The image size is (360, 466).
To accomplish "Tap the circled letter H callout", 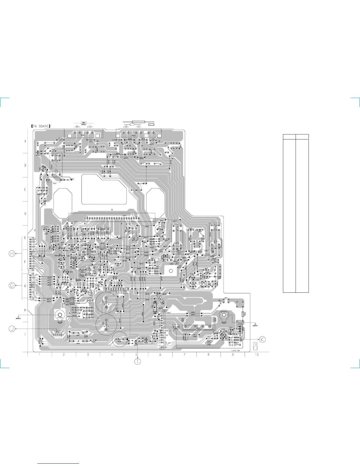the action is point(12,254).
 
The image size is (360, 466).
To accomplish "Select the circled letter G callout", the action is point(12,285).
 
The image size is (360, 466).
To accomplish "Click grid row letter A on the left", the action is point(25,141).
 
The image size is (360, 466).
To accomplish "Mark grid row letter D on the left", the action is point(25,214).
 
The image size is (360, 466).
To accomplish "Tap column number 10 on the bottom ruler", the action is point(257,355).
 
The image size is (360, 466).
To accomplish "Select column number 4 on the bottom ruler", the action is point(112,355).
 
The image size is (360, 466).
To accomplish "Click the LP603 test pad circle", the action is point(209,342).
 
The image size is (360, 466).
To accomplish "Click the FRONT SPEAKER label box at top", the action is point(84,123).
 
